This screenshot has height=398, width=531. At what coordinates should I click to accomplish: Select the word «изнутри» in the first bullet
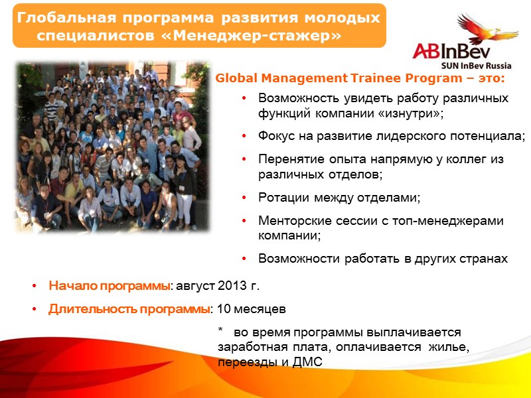tap(412, 113)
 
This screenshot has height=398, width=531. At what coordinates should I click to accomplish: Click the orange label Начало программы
tap(110, 287)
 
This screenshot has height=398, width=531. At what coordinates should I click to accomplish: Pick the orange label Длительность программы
tap(129, 309)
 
